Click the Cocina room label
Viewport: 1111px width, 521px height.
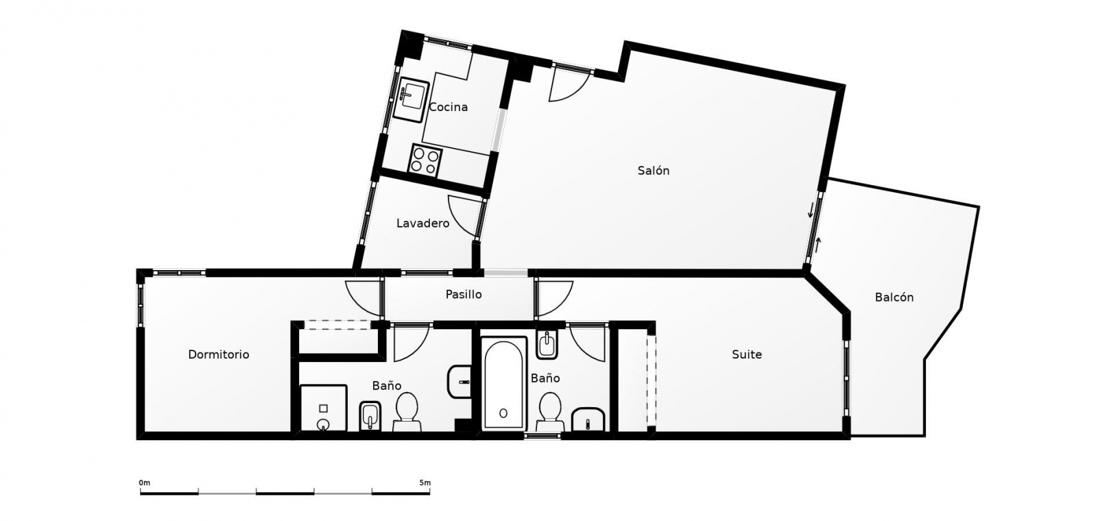(449, 107)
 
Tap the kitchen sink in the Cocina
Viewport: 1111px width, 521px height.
(411, 101)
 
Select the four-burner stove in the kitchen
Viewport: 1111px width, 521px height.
(426, 160)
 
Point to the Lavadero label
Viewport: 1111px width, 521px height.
(422, 223)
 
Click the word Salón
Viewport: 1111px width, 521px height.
(653, 171)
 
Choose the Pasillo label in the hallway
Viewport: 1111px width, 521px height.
(463, 295)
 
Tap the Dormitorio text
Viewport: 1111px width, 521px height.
(219, 354)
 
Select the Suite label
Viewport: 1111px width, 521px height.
(747, 354)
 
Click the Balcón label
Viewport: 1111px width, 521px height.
(894, 298)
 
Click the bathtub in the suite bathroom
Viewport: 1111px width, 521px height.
(503, 383)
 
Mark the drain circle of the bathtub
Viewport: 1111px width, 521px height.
(503, 413)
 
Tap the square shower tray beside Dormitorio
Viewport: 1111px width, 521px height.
(324, 408)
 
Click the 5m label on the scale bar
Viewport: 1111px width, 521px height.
(425, 483)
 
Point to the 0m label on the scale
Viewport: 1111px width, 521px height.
(144, 483)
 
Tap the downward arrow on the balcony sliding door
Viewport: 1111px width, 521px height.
(811, 210)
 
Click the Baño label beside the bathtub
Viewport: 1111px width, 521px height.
(545, 378)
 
